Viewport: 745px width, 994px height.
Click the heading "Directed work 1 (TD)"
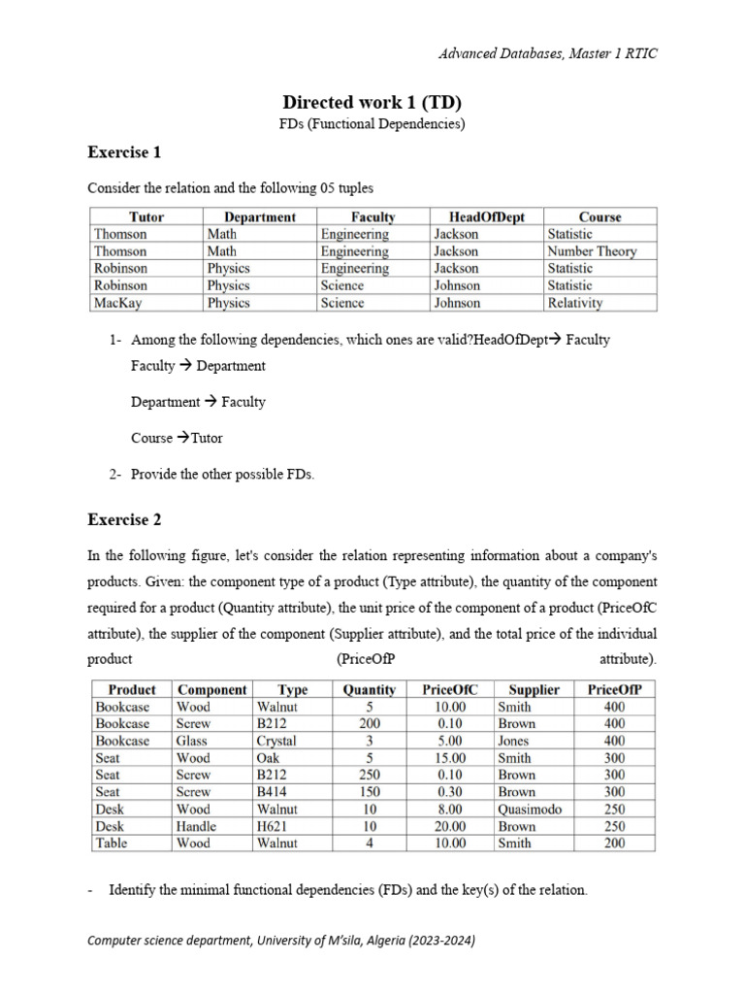click(x=372, y=102)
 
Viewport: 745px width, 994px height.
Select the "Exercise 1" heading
click(x=124, y=152)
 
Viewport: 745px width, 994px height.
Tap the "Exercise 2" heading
click(x=124, y=519)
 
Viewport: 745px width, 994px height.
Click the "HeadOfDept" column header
click(x=486, y=216)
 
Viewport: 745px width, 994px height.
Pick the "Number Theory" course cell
click(x=592, y=251)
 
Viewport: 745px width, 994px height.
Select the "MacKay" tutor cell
click(x=117, y=303)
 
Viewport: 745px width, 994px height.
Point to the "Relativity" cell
click(x=574, y=303)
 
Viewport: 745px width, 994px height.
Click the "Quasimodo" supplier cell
click(x=530, y=809)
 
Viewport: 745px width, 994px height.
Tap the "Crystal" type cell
click(x=276, y=741)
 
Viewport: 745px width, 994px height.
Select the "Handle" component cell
click(x=197, y=826)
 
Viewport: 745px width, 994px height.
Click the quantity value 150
click(x=370, y=792)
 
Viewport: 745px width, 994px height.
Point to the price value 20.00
click(x=450, y=826)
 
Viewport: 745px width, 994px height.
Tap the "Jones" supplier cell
click(x=513, y=741)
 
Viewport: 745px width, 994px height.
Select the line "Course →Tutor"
click(x=177, y=438)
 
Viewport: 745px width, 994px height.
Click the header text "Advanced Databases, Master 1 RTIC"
click(x=548, y=53)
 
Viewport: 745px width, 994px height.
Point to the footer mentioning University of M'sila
click(x=281, y=941)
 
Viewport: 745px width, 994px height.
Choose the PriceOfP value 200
click(x=615, y=844)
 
